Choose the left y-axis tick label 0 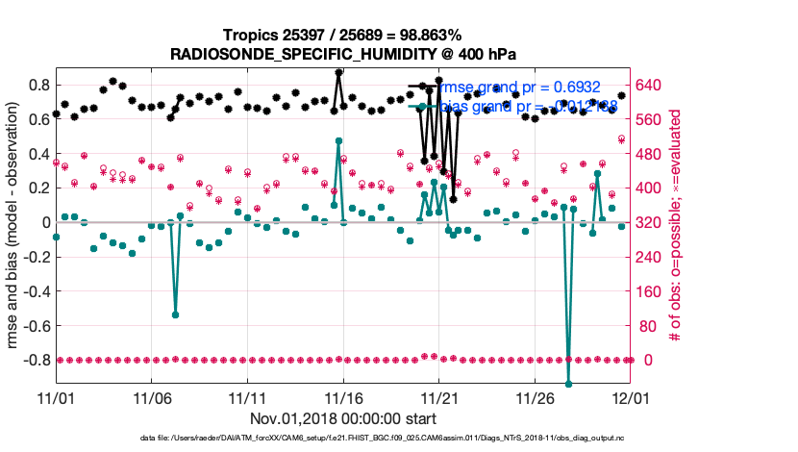tap(44, 222)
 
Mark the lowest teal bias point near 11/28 tap(568, 384)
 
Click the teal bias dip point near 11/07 tap(175, 314)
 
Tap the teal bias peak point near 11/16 tap(338, 141)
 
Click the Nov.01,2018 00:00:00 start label tap(343, 418)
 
